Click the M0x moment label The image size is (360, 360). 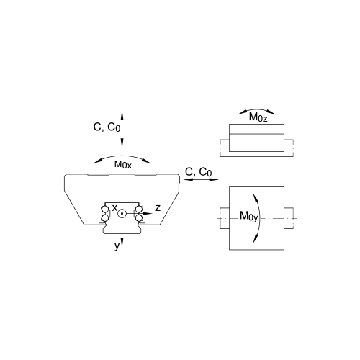(123, 165)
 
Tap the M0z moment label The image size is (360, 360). (258, 117)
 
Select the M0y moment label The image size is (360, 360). (248, 216)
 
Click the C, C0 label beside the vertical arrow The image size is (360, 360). (107, 127)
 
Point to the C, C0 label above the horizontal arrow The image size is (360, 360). (199, 172)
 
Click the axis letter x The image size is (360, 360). (115, 208)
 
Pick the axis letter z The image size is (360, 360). (158, 208)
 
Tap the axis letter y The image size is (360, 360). (117, 246)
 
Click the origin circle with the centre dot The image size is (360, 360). (122, 213)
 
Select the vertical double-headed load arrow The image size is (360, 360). (122, 129)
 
